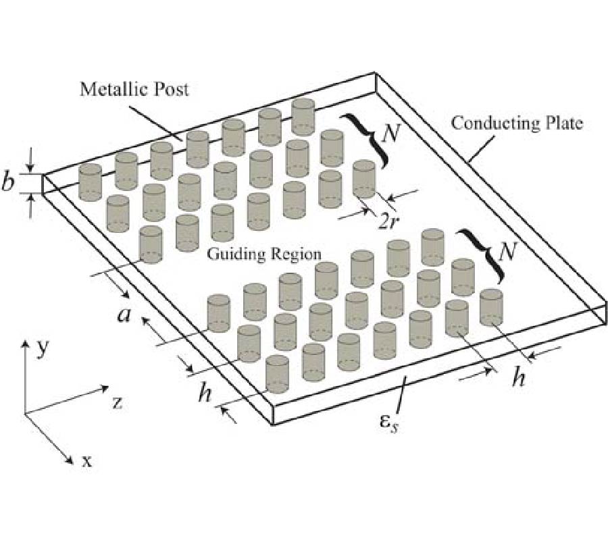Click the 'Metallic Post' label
(x=134, y=88)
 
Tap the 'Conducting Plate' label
(x=516, y=124)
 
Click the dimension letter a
(x=123, y=315)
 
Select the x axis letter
(x=86, y=461)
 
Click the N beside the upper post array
(x=390, y=134)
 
